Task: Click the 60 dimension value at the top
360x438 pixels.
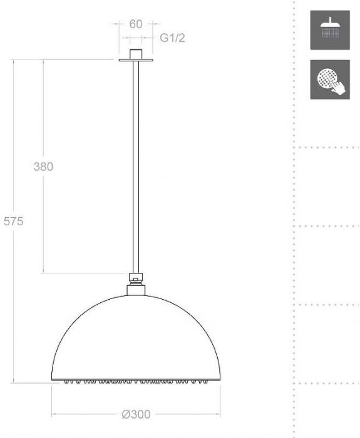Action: (136, 24)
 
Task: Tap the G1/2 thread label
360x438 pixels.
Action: (172, 38)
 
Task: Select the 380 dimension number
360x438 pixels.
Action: (43, 166)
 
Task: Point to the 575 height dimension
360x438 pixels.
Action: (13, 221)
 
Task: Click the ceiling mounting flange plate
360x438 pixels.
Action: (136, 60)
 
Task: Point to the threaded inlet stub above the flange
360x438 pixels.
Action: (136, 54)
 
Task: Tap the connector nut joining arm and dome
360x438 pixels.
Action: (136, 285)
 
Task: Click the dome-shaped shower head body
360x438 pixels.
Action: (136, 338)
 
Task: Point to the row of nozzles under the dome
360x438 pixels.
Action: (136, 381)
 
